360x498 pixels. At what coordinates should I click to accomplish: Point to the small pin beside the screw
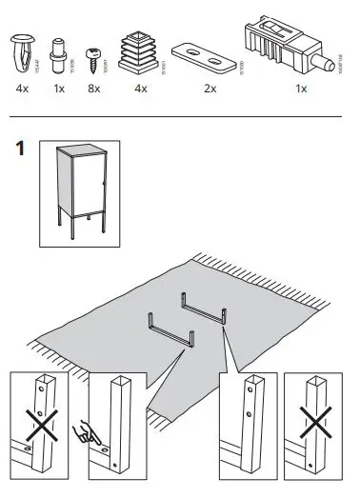[59, 51]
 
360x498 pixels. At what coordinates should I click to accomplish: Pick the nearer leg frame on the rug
[170, 334]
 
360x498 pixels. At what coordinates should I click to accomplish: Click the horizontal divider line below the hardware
[180, 117]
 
